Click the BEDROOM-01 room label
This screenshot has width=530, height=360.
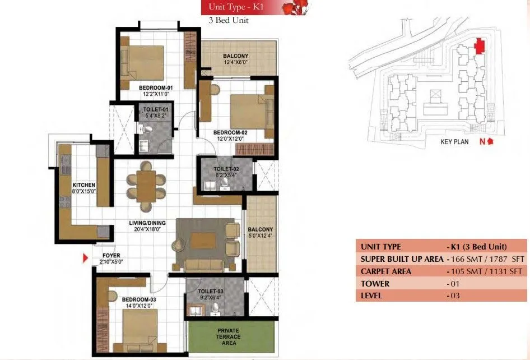coord(156,88)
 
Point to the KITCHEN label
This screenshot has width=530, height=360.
coord(83,185)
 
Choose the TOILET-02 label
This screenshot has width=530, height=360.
coord(226,169)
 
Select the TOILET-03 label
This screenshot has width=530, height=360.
coord(211,292)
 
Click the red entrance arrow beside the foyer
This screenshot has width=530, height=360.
coord(86,259)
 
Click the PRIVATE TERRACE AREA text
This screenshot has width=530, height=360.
coord(229,336)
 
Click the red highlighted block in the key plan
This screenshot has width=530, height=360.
coord(478,46)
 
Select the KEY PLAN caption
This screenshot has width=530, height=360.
coord(454,142)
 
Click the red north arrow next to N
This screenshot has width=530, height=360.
coord(491,142)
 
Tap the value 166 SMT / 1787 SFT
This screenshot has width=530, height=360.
coord(487,259)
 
